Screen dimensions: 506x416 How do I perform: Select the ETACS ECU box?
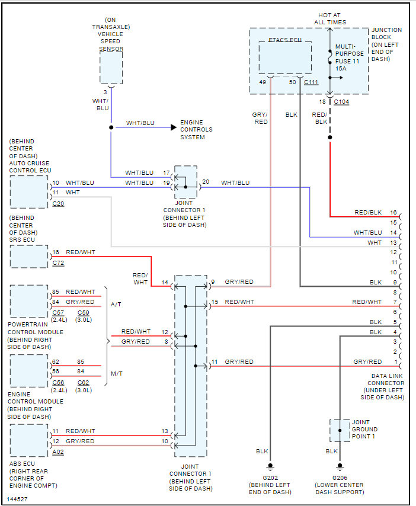(285, 57)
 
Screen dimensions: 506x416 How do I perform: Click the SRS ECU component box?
(28, 257)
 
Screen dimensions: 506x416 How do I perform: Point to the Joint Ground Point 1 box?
(340, 430)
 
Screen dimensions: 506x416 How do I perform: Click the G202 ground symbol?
(270, 465)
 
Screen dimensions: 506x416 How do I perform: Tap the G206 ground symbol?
(340, 465)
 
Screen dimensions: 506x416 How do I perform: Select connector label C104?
(342, 102)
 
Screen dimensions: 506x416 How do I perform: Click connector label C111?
(311, 82)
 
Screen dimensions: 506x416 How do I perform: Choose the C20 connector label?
(58, 203)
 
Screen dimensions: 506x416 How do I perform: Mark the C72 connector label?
(58, 262)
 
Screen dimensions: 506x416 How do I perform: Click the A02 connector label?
(58, 451)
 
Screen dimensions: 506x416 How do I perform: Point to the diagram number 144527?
(17, 499)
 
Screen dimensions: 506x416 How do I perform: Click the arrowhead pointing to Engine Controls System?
(173, 127)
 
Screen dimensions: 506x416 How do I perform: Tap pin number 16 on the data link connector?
(393, 212)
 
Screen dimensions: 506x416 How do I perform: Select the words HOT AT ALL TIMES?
(330, 18)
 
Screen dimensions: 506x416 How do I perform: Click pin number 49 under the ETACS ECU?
(263, 82)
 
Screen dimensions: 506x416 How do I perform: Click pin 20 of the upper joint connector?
(206, 182)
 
